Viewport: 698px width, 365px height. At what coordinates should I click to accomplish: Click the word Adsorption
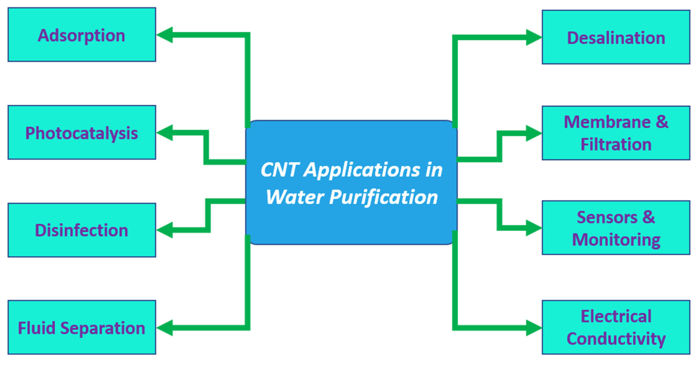pos(81,36)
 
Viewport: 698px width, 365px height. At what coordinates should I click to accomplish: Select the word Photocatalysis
pos(81,133)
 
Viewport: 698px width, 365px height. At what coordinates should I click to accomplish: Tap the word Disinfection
pos(81,230)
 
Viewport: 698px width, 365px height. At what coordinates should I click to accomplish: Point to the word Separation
pos(103,328)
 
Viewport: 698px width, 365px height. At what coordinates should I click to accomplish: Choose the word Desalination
pos(616,38)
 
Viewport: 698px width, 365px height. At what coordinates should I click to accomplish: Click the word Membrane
pos(607,122)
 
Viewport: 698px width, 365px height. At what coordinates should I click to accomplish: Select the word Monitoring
pos(616,240)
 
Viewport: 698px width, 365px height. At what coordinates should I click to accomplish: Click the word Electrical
pos(616,316)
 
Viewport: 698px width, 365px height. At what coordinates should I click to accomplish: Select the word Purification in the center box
pos(383,197)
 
